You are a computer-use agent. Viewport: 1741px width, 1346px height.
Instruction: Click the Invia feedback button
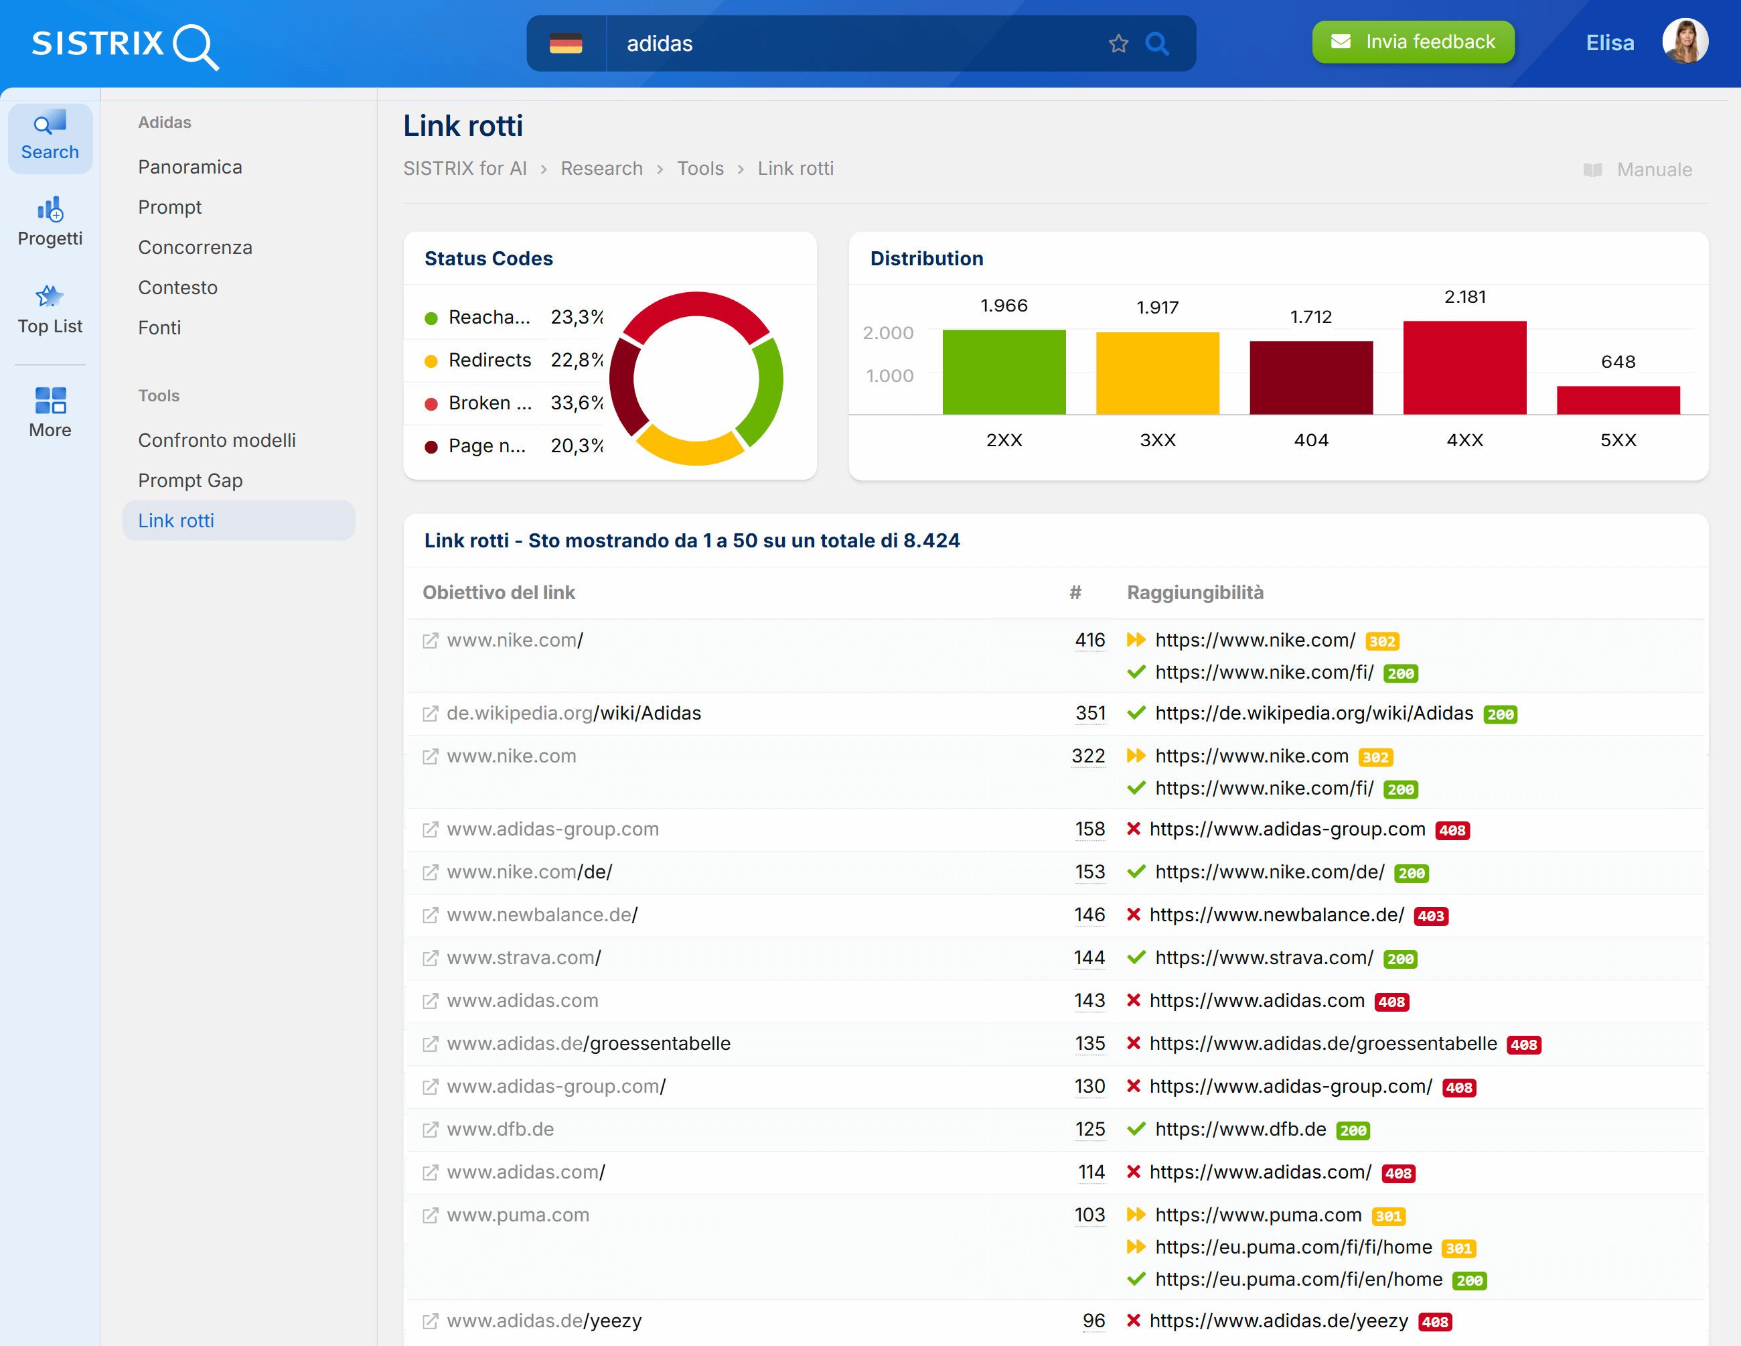coord(1413,42)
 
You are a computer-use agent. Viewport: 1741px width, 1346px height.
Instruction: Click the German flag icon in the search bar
coord(566,44)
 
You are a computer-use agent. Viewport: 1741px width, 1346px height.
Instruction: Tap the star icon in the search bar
coord(1118,44)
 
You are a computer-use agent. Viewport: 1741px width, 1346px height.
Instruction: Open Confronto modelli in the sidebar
coord(216,440)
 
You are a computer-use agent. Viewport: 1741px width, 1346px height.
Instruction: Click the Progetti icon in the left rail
coord(50,221)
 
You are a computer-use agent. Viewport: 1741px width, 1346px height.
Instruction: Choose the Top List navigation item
coord(50,310)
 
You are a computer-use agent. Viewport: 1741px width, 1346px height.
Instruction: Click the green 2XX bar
coord(1004,372)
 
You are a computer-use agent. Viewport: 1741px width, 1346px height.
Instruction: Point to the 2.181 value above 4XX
coord(1464,297)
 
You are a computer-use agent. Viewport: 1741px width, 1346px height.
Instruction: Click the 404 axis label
coord(1310,440)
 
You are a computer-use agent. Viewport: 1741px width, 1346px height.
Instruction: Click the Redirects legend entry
coord(489,360)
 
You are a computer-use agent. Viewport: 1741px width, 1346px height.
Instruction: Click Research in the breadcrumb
coord(601,168)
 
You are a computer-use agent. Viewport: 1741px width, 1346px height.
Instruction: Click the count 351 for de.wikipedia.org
coord(1089,713)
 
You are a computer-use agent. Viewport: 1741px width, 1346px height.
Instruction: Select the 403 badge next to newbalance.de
coord(1430,917)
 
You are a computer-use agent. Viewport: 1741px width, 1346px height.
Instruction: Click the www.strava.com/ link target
coord(523,957)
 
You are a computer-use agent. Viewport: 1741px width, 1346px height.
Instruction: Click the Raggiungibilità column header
coord(1194,592)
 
